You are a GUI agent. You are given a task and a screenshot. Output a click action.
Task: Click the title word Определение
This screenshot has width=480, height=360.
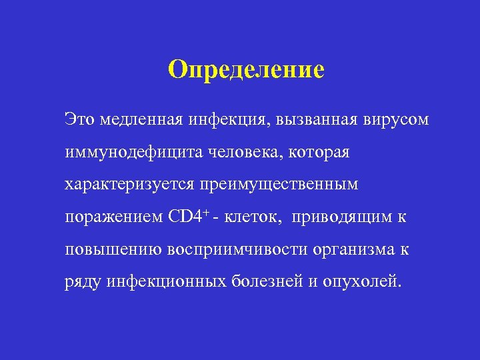tap(246, 69)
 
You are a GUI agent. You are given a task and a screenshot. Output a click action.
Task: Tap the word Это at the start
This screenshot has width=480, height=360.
tap(80, 121)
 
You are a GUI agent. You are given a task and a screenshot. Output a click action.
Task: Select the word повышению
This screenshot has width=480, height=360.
tap(107, 249)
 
